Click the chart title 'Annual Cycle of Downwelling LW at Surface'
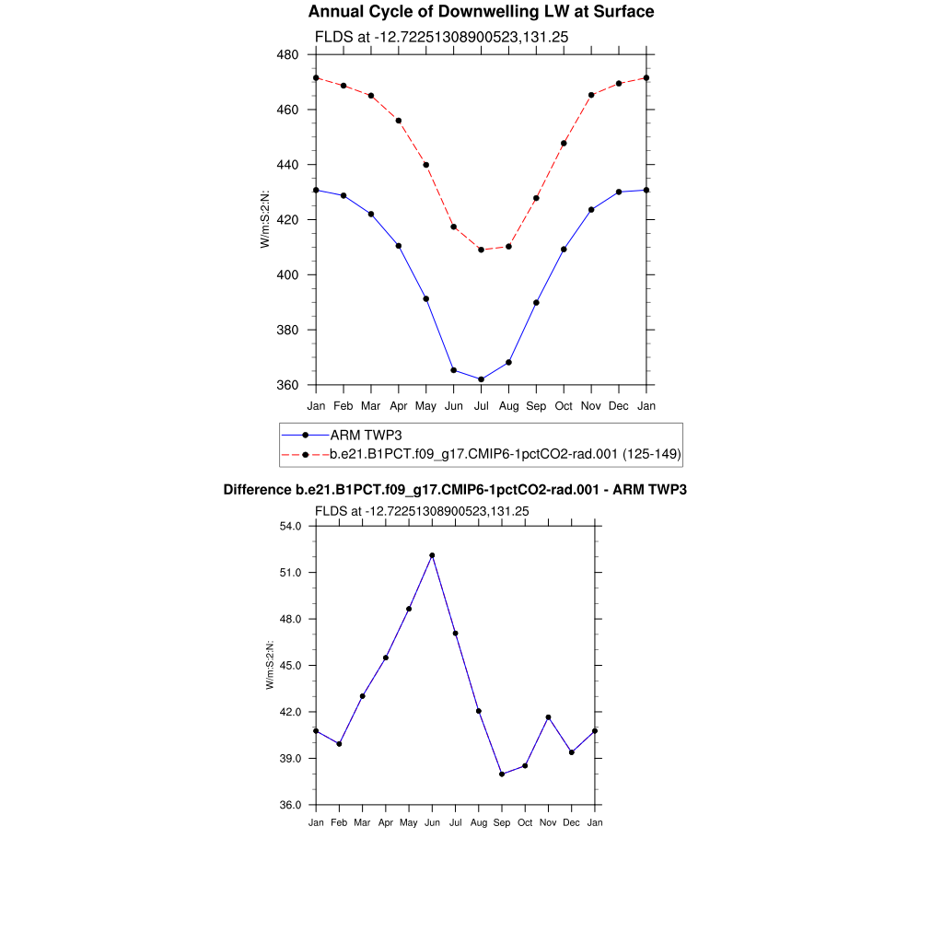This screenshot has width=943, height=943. click(481, 12)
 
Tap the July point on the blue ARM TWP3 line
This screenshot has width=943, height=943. click(481, 379)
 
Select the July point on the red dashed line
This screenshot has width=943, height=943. click(481, 250)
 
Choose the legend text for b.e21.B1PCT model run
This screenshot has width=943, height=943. click(505, 454)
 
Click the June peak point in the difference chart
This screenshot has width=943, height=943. click(432, 555)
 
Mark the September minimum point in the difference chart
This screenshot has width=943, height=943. click(502, 774)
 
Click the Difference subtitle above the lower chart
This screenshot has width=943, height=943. click(455, 490)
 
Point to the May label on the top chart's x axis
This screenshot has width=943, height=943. click(425, 406)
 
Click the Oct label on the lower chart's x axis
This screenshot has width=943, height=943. click(525, 822)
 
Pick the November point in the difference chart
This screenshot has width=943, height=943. click(548, 717)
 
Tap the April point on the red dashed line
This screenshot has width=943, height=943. click(398, 121)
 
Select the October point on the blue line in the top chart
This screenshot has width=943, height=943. click(564, 250)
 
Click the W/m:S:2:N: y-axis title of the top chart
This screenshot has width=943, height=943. click(265, 219)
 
